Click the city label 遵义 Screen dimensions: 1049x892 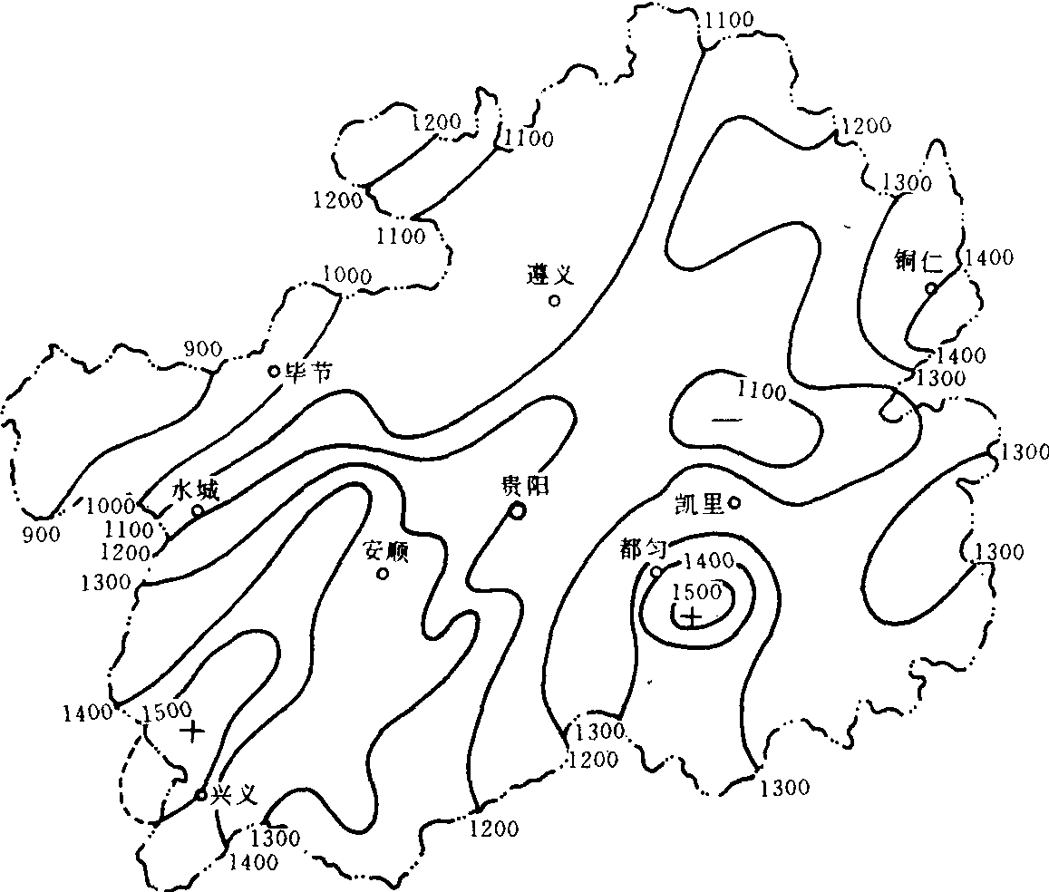pyautogui.click(x=550, y=274)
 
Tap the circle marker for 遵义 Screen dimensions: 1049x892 pyautogui.click(x=555, y=301)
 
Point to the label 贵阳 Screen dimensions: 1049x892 pyautogui.click(x=525, y=485)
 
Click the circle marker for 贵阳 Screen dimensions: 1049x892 pyautogui.click(x=517, y=511)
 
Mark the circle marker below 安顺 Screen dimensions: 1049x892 pyautogui.click(x=383, y=574)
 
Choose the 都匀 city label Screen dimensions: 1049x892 pyautogui.click(x=643, y=549)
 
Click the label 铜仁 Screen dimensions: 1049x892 pyautogui.click(x=918, y=261)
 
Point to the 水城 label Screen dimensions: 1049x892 pyautogui.click(x=195, y=490)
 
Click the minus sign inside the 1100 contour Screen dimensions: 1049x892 pyautogui.click(x=726, y=420)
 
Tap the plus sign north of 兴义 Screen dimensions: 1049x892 pyautogui.click(x=193, y=732)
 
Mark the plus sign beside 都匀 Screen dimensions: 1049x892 pyautogui.click(x=693, y=616)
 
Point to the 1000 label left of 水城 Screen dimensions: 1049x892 pyautogui.click(x=111, y=506)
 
